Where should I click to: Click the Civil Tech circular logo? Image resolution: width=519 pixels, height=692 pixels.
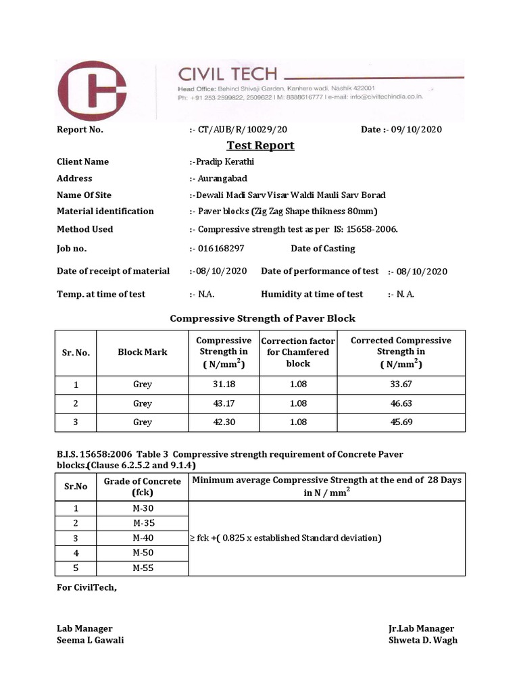click(x=92, y=90)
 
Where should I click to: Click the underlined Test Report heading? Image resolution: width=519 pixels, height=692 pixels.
click(x=260, y=145)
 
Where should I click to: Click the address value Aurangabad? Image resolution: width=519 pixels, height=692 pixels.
click(x=222, y=178)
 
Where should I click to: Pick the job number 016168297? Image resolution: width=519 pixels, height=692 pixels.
click(x=220, y=248)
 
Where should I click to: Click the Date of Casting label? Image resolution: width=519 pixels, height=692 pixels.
click(x=322, y=248)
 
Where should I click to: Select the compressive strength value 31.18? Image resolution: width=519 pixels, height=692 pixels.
click(x=223, y=384)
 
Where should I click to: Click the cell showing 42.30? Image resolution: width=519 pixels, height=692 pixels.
click(x=223, y=422)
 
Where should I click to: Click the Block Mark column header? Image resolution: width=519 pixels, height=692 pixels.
click(x=142, y=351)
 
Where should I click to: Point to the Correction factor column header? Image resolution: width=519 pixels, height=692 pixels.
click(x=298, y=351)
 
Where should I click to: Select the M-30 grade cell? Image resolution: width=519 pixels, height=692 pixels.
click(x=143, y=509)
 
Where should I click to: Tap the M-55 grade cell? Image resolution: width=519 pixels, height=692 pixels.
click(x=143, y=568)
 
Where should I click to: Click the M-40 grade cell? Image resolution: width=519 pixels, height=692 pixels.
click(x=143, y=538)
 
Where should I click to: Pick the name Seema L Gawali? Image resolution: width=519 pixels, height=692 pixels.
click(x=90, y=640)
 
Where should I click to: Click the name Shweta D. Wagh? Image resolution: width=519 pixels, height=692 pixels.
click(x=422, y=640)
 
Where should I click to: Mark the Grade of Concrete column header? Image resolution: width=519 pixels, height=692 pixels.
click(x=143, y=487)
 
